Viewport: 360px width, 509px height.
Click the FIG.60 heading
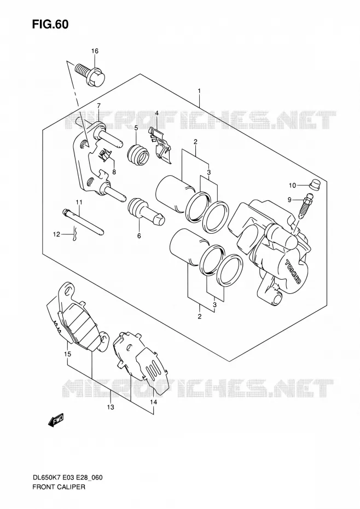pyautogui.click(x=50, y=24)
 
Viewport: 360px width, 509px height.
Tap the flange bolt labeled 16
pyautogui.click(x=90, y=74)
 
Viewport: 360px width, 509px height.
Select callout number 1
pyautogui.click(x=199, y=91)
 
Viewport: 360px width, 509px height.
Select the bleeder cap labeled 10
pyautogui.click(x=313, y=184)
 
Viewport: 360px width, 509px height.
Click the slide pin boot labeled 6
pyautogui.click(x=146, y=212)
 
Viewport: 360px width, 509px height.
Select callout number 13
pyautogui.click(x=111, y=407)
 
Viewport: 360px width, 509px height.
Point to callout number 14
pyautogui.click(x=154, y=402)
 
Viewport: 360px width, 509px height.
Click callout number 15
pyautogui.click(x=67, y=354)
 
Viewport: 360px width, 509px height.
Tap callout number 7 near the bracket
pyautogui.click(x=98, y=106)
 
